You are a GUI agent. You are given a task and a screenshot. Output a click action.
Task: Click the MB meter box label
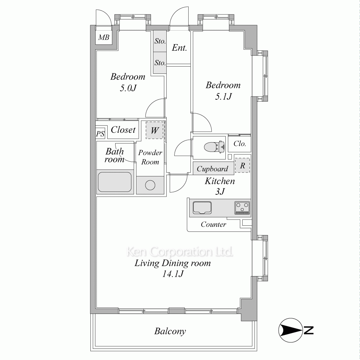pos(104,37)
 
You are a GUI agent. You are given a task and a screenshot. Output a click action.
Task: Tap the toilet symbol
pos(214,147)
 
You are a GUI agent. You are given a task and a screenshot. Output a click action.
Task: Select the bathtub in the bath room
pos(115,182)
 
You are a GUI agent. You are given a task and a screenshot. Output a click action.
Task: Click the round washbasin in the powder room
pos(150,185)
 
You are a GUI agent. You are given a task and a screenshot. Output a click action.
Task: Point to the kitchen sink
pos(202,208)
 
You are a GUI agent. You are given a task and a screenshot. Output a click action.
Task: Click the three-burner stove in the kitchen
pos(242,208)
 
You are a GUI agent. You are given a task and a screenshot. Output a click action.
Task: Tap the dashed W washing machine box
pos(154,130)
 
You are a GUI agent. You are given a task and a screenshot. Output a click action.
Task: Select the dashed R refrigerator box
pos(242,165)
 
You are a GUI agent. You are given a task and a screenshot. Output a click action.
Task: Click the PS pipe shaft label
pos(100,134)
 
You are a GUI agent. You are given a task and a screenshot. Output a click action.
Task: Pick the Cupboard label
pos(212,169)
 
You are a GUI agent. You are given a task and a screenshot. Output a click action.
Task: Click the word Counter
pos(213,224)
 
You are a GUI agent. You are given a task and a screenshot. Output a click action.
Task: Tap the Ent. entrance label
pos(179,48)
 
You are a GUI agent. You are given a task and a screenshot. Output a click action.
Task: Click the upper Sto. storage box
pos(160,41)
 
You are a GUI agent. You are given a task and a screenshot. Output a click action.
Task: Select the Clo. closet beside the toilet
pos(239,144)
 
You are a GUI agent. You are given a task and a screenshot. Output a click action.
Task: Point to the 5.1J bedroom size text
pos(223,96)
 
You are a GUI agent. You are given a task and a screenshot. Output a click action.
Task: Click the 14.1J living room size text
pos(173,274)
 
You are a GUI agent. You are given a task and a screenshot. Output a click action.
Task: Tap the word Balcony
pos(170,331)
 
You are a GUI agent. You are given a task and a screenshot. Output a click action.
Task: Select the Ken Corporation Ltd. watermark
pos(180,252)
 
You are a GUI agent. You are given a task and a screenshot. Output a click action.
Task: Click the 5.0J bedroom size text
pos(128,88)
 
